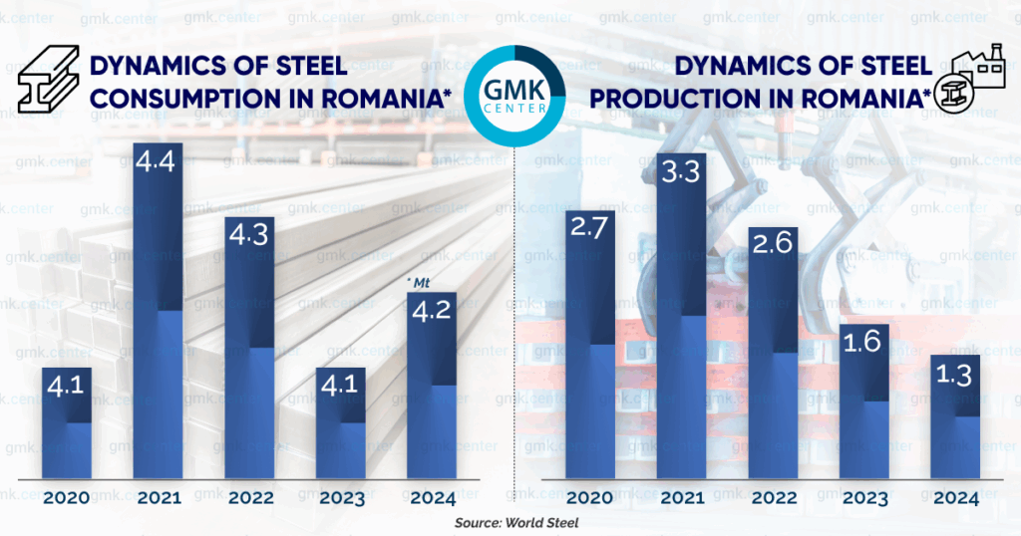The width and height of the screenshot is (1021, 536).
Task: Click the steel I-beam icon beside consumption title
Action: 49,81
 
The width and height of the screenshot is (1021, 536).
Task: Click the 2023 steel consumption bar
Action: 341,423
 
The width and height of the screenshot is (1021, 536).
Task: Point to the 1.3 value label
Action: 955,378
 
